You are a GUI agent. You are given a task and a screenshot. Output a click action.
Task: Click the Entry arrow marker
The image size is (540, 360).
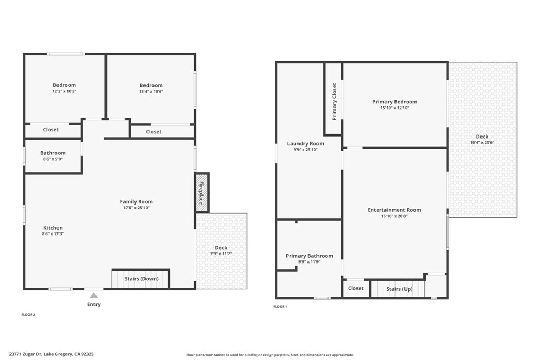click(93, 296)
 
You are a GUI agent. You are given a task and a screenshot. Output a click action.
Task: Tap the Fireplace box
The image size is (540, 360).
click(202, 192)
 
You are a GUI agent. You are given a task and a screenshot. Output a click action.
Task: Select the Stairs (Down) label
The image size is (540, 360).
click(141, 278)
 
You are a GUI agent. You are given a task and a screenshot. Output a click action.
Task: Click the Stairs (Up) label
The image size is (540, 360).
click(399, 289)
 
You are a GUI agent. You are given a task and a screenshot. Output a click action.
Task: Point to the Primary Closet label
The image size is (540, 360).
click(334, 102)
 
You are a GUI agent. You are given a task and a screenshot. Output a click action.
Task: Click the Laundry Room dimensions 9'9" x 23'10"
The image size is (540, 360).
click(305, 150)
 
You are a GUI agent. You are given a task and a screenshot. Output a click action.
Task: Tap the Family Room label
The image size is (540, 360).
click(136, 202)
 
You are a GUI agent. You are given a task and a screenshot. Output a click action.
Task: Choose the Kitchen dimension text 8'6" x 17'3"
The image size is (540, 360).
click(53, 234)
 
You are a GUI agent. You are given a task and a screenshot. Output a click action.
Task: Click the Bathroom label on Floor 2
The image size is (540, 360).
click(53, 153)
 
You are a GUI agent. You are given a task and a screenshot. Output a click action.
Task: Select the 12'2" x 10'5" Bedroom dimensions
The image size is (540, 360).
click(64, 91)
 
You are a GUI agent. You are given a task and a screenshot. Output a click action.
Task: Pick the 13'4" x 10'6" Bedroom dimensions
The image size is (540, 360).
click(151, 91)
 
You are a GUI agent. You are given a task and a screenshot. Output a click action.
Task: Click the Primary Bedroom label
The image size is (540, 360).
click(394, 102)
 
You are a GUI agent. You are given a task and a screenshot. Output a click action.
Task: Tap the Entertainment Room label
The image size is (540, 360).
click(394, 210)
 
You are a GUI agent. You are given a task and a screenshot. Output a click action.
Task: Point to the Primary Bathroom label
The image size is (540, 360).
click(310, 256)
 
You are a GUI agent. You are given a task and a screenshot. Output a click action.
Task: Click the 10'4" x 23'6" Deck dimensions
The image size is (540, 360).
click(482, 143)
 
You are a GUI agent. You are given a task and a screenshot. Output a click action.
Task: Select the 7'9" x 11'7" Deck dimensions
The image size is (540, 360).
click(220, 254)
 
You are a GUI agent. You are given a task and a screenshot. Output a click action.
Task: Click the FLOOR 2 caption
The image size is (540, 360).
click(27, 315)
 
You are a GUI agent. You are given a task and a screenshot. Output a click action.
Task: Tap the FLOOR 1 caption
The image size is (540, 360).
click(280, 306)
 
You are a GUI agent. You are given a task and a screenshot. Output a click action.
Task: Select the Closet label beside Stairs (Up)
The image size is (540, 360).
click(356, 288)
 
